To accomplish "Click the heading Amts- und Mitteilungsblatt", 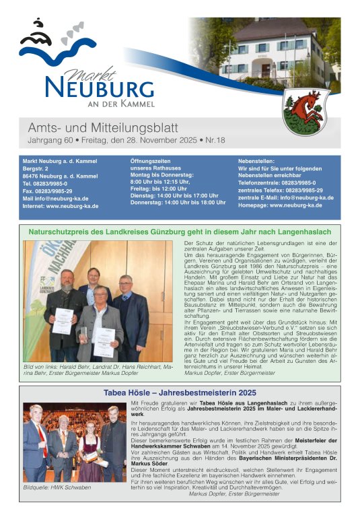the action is (x=103, y=128).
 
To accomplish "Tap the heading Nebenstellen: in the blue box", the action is (x=258, y=162).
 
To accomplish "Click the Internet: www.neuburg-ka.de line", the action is (x=61, y=206).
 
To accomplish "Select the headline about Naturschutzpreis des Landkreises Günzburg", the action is (x=180, y=232).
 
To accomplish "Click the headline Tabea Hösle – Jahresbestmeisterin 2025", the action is (x=180, y=392).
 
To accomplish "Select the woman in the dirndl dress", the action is (x=90, y=448).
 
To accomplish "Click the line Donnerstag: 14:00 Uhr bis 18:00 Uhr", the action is (x=178, y=202).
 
